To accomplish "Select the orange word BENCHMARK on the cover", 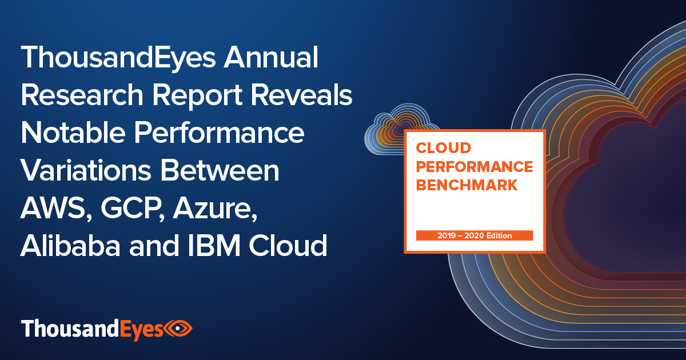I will pos(468,185).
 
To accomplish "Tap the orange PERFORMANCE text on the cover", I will pos(474,167).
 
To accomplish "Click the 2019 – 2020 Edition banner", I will pos(474,235).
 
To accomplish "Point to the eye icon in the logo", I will pos(178,329).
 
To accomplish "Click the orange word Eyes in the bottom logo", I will pos(141,330).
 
